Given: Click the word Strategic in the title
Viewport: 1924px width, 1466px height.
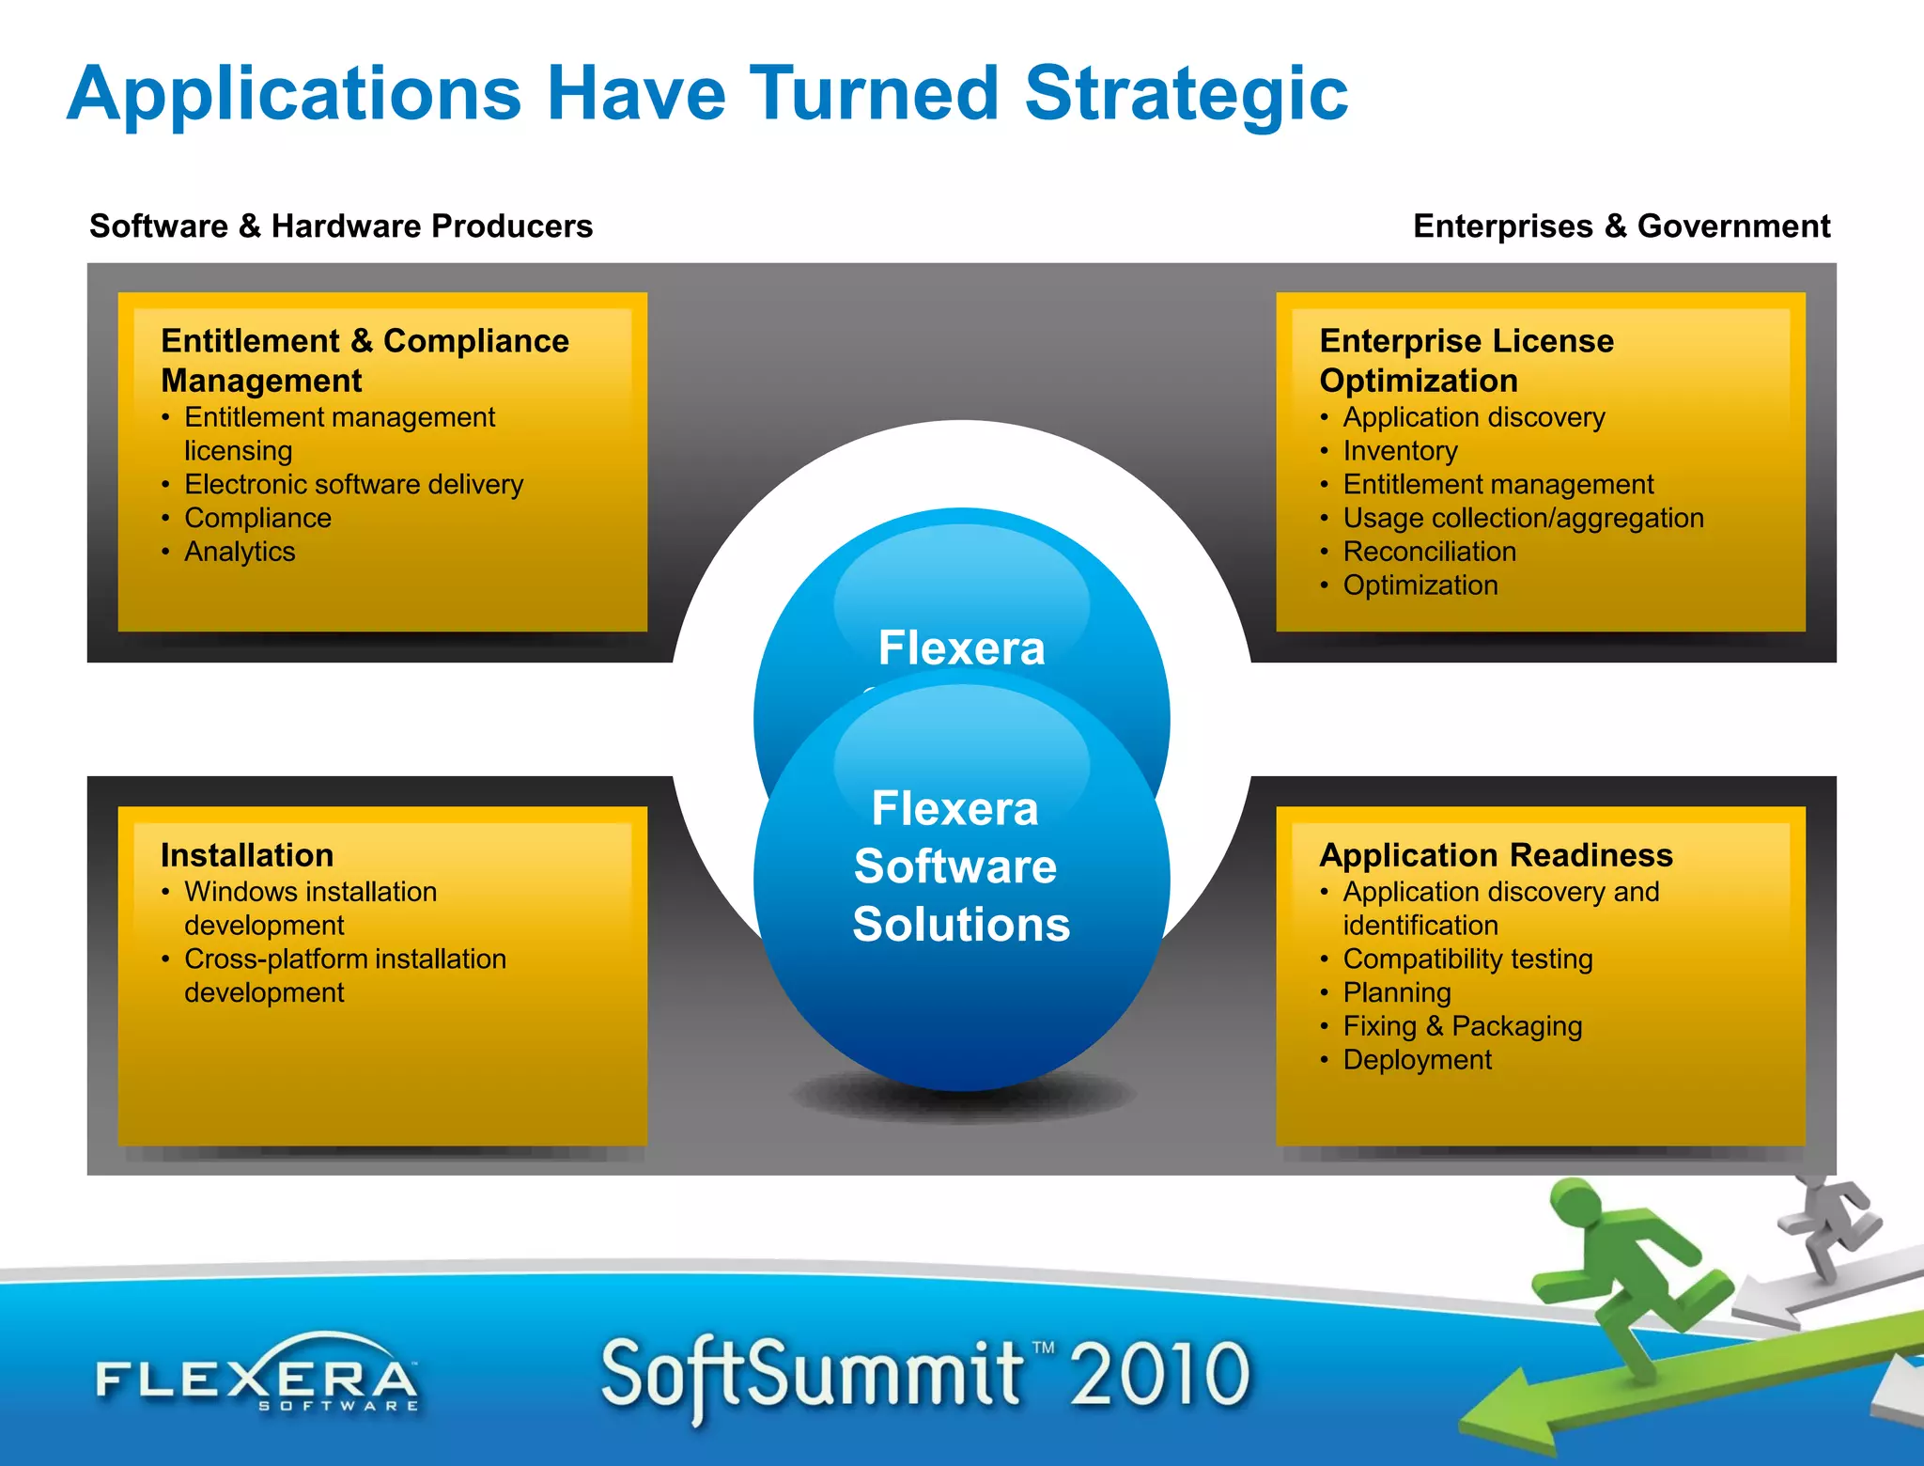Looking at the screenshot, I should click(1186, 94).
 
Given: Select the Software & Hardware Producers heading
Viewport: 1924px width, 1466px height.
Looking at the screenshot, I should click(341, 226).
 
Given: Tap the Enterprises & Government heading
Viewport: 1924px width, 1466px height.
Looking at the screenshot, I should click(1621, 226).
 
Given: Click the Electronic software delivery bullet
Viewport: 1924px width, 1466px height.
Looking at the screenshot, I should click(353, 484).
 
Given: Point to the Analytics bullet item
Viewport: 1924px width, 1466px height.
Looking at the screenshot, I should click(240, 552).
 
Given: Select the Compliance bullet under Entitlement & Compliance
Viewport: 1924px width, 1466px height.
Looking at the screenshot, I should click(257, 518).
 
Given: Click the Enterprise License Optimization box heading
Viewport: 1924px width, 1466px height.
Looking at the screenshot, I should click(1466, 360).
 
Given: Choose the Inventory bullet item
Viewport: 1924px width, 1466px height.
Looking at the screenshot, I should click(1400, 451).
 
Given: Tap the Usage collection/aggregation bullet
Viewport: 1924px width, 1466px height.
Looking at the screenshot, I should click(1523, 518).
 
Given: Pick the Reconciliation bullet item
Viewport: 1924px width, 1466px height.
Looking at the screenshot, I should click(1429, 552).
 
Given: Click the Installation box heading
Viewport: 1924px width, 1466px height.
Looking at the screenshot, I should click(247, 855).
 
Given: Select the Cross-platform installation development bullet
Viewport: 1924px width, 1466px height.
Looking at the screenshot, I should click(345, 975).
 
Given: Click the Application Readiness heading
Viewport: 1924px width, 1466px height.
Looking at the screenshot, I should click(1496, 855).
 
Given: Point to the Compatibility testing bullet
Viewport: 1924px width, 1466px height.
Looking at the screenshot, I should click(1467, 959).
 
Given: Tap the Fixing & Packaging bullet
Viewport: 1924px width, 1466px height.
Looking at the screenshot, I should click(1462, 1026).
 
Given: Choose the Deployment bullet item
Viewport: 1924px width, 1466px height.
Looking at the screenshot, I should click(1417, 1060).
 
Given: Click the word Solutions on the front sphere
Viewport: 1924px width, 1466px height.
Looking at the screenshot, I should click(961, 925).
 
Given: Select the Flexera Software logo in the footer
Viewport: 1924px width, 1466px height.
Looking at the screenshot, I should click(257, 1378).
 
